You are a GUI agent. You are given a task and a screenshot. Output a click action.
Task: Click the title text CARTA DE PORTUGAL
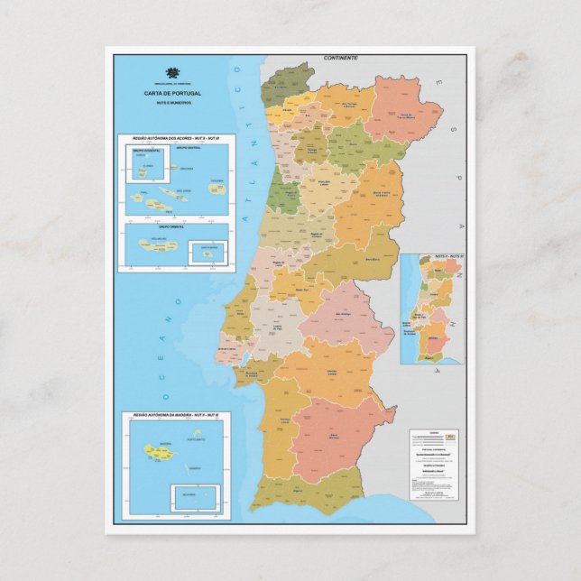click(x=172, y=93)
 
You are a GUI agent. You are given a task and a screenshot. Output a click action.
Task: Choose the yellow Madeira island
click(x=153, y=448)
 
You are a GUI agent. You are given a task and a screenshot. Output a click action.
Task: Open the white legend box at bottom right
click(x=434, y=465)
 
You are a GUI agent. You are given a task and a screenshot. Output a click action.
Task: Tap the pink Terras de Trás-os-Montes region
click(x=404, y=108)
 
